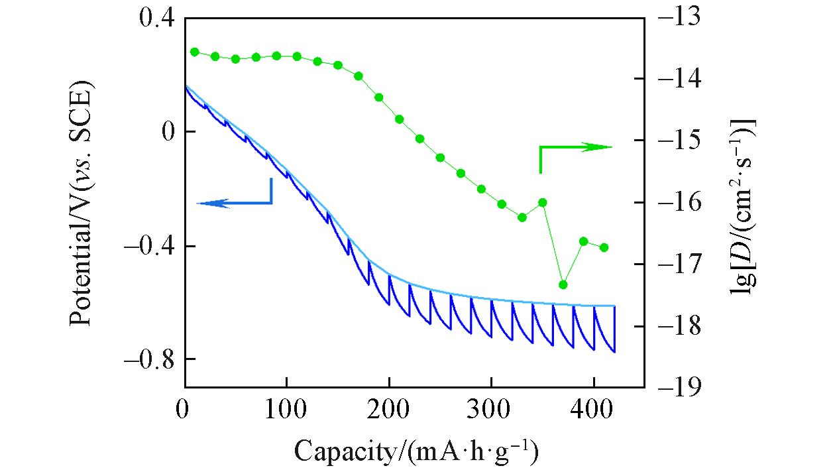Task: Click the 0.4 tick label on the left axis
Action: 156,19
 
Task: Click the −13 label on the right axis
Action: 676,19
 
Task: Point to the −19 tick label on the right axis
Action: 676,388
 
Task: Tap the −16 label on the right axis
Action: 676,203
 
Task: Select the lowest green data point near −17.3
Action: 563,284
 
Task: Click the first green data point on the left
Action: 195,52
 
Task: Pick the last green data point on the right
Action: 604,247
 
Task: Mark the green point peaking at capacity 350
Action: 543,202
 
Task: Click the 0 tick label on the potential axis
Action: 168,132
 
